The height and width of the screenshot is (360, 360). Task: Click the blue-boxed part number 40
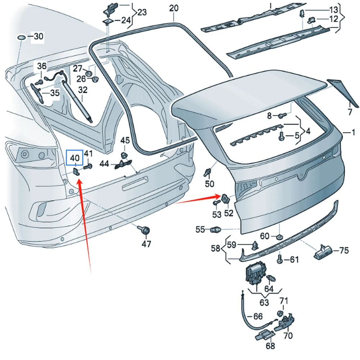[75, 158]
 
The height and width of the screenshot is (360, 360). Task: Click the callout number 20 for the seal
[174, 8]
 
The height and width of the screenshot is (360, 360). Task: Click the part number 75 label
[344, 251]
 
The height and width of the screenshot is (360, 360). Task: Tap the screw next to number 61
[280, 258]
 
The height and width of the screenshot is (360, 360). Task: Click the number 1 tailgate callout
[353, 132]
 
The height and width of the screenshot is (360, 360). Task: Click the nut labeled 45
[124, 155]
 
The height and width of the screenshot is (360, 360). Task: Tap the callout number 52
[229, 213]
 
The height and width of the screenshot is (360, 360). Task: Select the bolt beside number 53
[216, 203]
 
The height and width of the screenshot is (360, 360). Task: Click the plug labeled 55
[215, 229]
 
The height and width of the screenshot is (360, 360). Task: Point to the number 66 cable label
[258, 316]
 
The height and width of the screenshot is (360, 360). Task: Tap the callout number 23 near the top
[142, 12]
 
